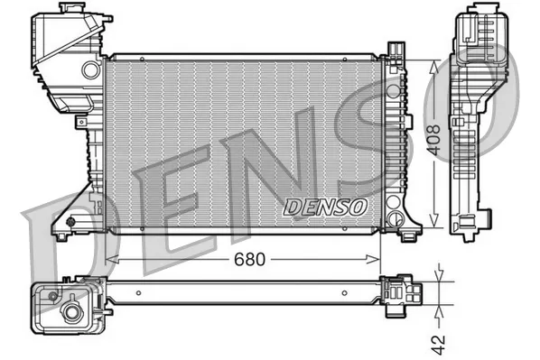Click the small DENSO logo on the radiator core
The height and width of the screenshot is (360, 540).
[x=326, y=207]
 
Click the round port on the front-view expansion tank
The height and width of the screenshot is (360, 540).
[x=90, y=69]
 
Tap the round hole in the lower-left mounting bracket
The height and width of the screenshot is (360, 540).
[x=70, y=220]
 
